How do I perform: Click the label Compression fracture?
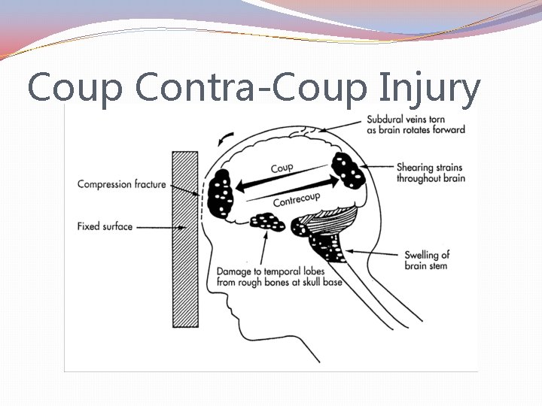click(x=121, y=184)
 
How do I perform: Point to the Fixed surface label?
click(x=105, y=225)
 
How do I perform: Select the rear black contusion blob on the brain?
click(x=348, y=171)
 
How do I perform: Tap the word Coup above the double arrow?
click(x=282, y=168)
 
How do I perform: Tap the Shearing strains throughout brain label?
click(x=431, y=172)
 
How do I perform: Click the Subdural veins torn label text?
click(x=416, y=124)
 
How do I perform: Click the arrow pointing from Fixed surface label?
click(x=155, y=226)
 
